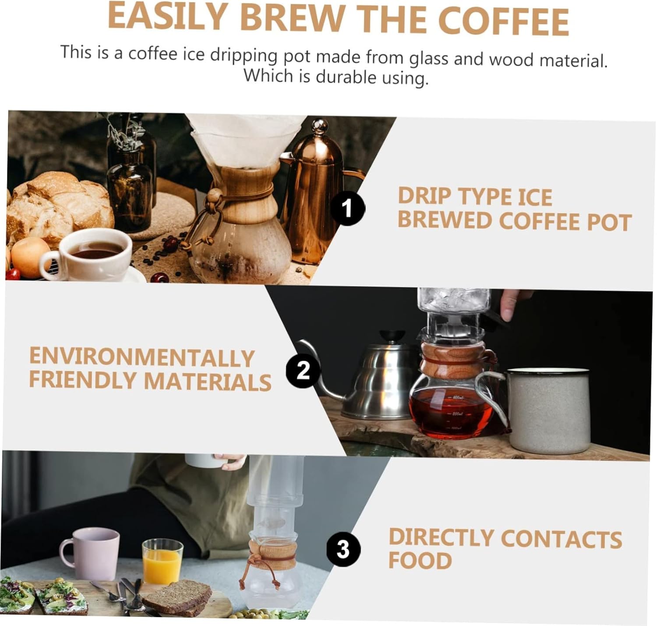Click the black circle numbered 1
347,208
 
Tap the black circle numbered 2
303,370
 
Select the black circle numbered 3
343,549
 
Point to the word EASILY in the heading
166,18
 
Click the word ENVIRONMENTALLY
141,357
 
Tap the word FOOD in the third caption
419,561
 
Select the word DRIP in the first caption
424,196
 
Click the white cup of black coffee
94,254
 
